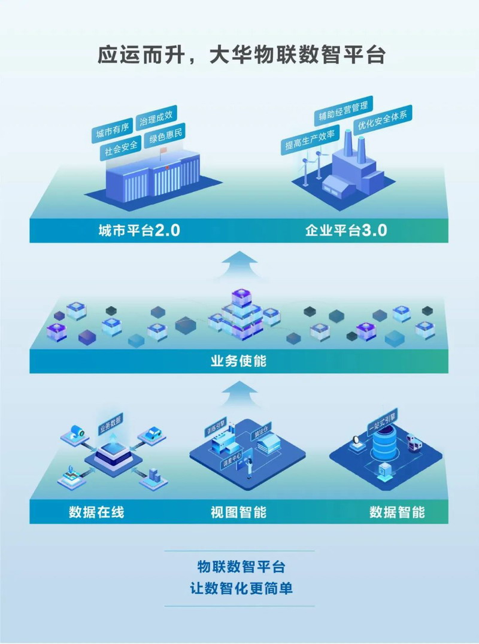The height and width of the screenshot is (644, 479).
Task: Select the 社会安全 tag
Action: click(x=122, y=147)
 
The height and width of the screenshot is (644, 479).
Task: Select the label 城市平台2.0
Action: click(x=140, y=230)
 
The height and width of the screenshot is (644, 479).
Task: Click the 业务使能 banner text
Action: click(x=239, y=362)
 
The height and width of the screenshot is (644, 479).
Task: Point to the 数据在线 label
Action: click(x=96, y=512)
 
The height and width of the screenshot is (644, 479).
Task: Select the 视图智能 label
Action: click(x=238, y=512)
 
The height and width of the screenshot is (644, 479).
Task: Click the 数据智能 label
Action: click(x=397, y=512)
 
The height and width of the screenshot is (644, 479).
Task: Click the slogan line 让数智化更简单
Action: click(x=239, y=588)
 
